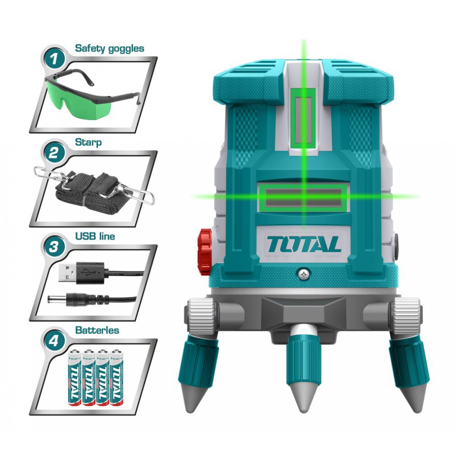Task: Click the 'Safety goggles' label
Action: (109, 48)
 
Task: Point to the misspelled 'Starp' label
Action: (88, 142)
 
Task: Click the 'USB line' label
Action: (95, 237)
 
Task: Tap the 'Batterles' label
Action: (97, 330)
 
